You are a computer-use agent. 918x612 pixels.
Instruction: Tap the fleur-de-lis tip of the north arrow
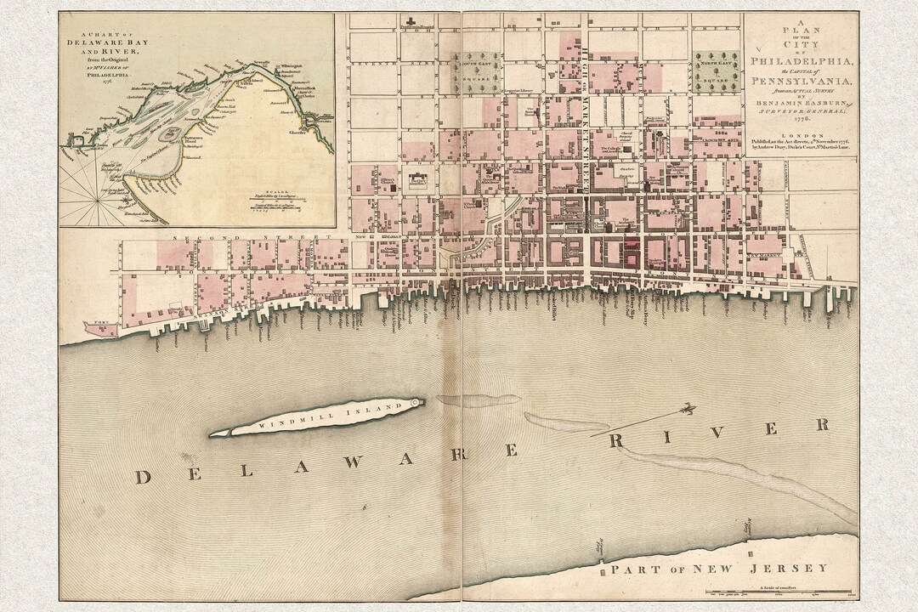pyautogui.click(x=691, y=407)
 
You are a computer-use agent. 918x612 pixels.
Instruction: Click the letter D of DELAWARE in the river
pyautogui.click(x=142, y=477)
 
